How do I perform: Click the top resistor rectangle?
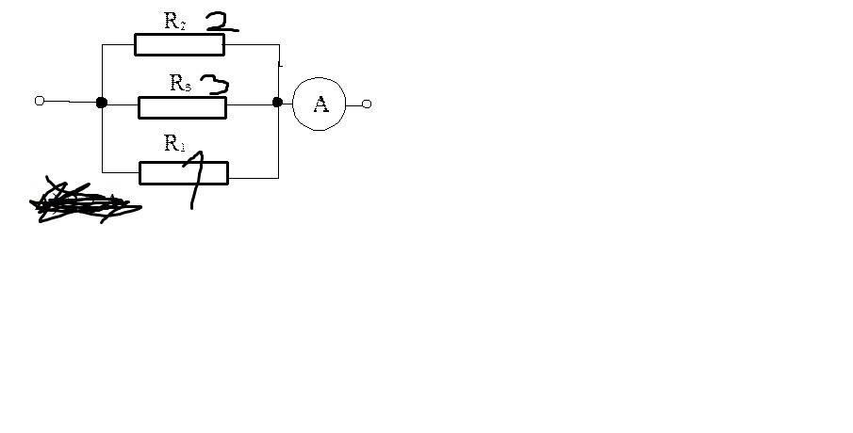pos(179,44)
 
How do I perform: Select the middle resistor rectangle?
pos(182,107)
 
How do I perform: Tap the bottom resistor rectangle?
pos(184,173)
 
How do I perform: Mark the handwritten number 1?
pos(196,179)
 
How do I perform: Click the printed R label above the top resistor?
pos(174,22)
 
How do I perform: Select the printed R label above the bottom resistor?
pos(174,143)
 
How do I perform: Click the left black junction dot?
pos(101,103)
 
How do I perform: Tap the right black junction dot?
pos(277,102)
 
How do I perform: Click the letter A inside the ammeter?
pos(320,104)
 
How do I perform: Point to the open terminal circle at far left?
pos(40,101)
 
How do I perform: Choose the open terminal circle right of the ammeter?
pos(367,104)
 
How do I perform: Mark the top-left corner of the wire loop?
pos(102,44)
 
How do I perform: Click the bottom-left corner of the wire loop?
pos(102,172)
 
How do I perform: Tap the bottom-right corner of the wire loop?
pos(278,177)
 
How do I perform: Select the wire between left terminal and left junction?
pos(71,102)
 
